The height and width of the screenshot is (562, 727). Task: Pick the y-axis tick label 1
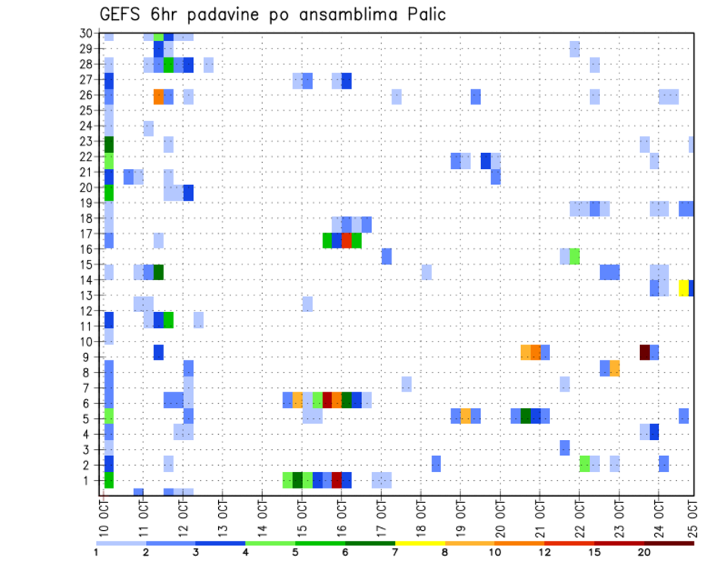click(89, 480)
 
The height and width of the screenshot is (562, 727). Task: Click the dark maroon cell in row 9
click(644, 352)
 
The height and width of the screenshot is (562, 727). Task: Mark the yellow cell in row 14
click(684, 288)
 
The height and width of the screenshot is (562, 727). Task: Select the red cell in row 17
click(347, 240)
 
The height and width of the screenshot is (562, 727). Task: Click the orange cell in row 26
click(158, 96)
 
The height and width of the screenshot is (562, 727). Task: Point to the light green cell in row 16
click(575, 256)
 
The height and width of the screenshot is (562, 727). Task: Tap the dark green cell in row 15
click(158, 272)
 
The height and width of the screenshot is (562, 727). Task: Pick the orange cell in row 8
click(615, 368)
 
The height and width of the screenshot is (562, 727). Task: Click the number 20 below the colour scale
click(644, 553)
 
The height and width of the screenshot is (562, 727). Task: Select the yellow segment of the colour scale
click(420, 543)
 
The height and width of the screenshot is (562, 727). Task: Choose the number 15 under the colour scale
click(594, 553)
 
